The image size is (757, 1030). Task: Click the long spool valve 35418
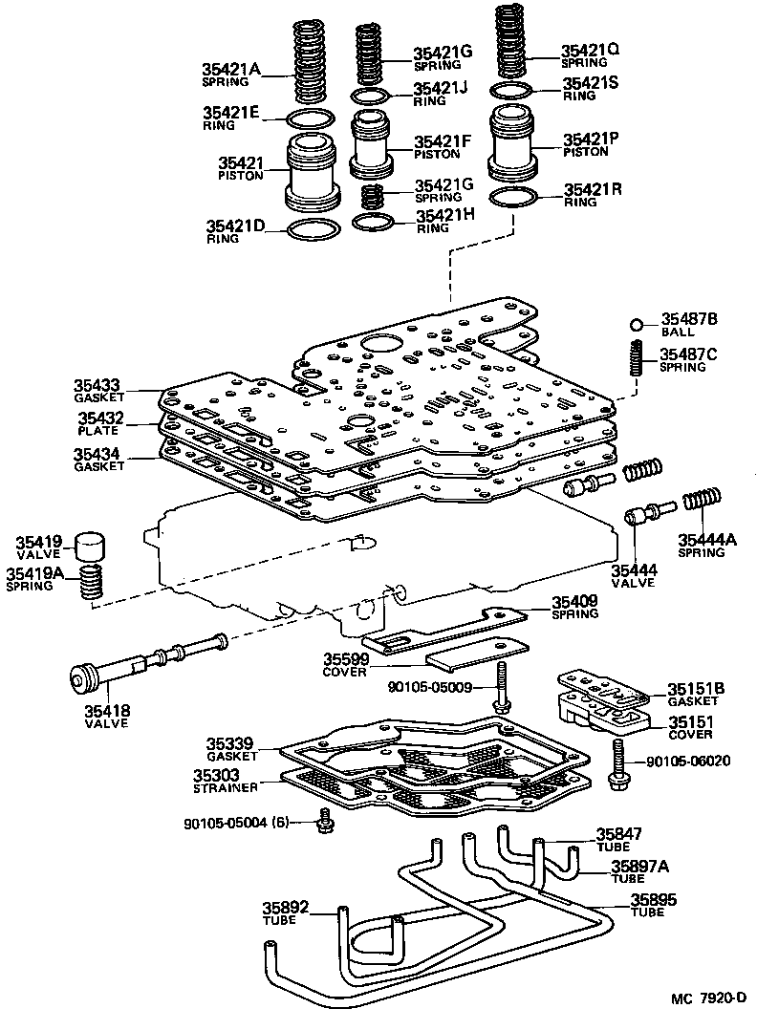pos(143,665)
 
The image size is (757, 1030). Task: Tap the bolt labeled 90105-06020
pos(618,762)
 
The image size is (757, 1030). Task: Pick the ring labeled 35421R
pos(512,199)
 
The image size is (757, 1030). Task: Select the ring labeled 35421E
pos(312,119)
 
